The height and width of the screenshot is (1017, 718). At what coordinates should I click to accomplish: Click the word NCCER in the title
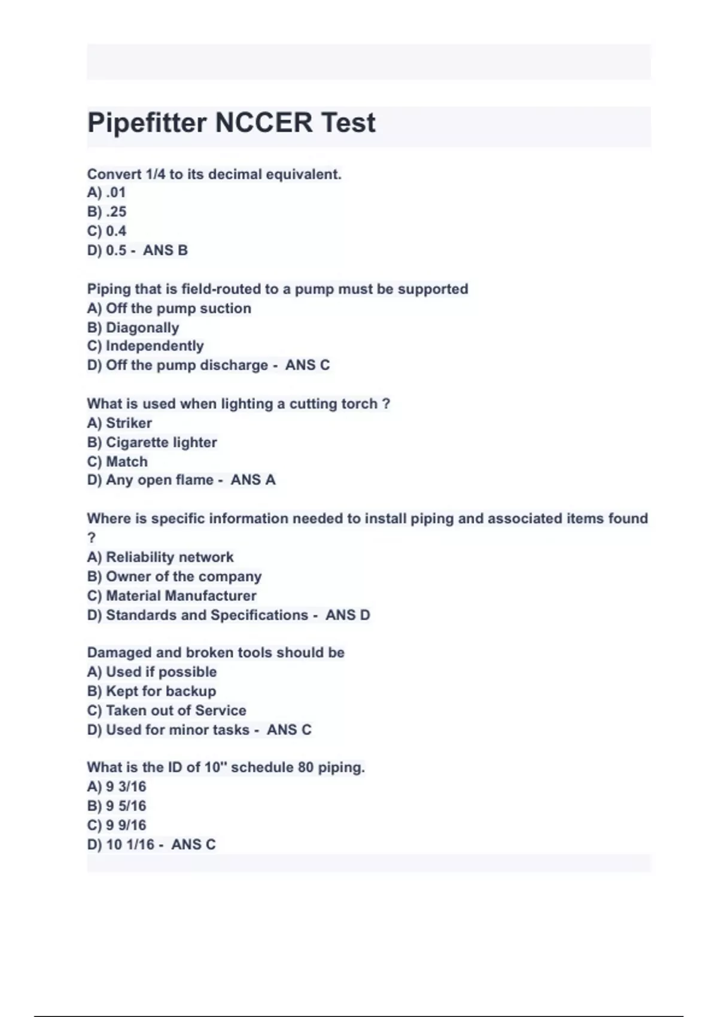pos(263,123)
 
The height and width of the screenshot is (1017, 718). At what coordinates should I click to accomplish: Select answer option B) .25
pos(107,212)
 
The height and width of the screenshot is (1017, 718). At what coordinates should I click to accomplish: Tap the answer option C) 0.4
pos(107,231)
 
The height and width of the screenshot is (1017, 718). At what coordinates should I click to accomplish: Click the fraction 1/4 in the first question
pos(155,175)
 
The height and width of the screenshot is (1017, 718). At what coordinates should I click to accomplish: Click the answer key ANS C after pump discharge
pos(308,365)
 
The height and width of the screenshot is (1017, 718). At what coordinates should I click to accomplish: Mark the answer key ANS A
pos(253,480)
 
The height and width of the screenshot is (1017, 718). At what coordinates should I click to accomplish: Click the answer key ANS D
pos(348,615)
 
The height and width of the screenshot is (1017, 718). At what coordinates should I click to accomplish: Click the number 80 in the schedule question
pos(305,768)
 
